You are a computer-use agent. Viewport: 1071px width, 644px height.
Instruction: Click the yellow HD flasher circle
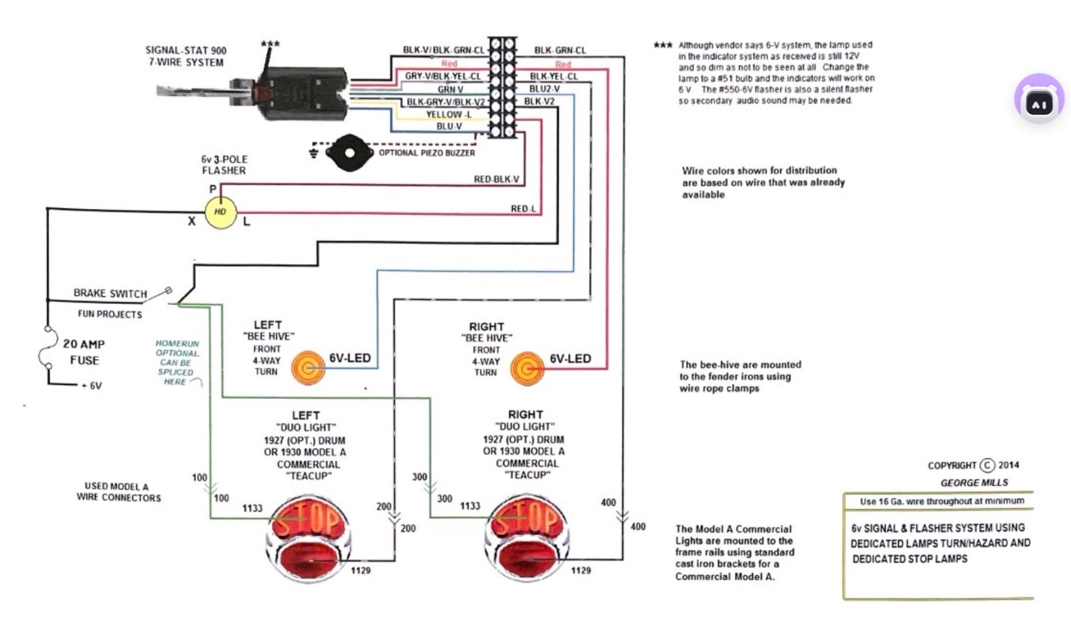[220, 212]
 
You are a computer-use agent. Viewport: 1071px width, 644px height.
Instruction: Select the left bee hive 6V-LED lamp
[309, 368]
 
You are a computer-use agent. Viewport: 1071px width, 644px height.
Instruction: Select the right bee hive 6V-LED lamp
[527, 368]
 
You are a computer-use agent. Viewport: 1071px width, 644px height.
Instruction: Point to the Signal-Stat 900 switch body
[305, 93]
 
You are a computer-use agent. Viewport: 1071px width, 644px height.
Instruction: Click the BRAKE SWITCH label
[110, 293]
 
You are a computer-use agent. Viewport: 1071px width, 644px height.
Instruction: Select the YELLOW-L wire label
[448, 114]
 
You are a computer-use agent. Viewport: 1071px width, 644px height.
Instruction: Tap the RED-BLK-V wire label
[496, 179]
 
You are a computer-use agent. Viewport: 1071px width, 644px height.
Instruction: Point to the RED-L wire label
[523, 209]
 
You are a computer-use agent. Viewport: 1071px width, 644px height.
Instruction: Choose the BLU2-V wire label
[544, 88]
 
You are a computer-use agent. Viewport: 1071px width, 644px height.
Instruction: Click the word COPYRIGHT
[951, 465]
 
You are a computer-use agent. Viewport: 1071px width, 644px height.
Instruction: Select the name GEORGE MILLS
[973, 483]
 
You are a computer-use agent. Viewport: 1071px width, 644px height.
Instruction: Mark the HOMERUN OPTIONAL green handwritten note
[177, 362]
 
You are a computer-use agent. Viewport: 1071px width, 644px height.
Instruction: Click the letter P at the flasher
[213, 189]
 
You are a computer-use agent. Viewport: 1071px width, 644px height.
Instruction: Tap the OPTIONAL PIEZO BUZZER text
[426, 153]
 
